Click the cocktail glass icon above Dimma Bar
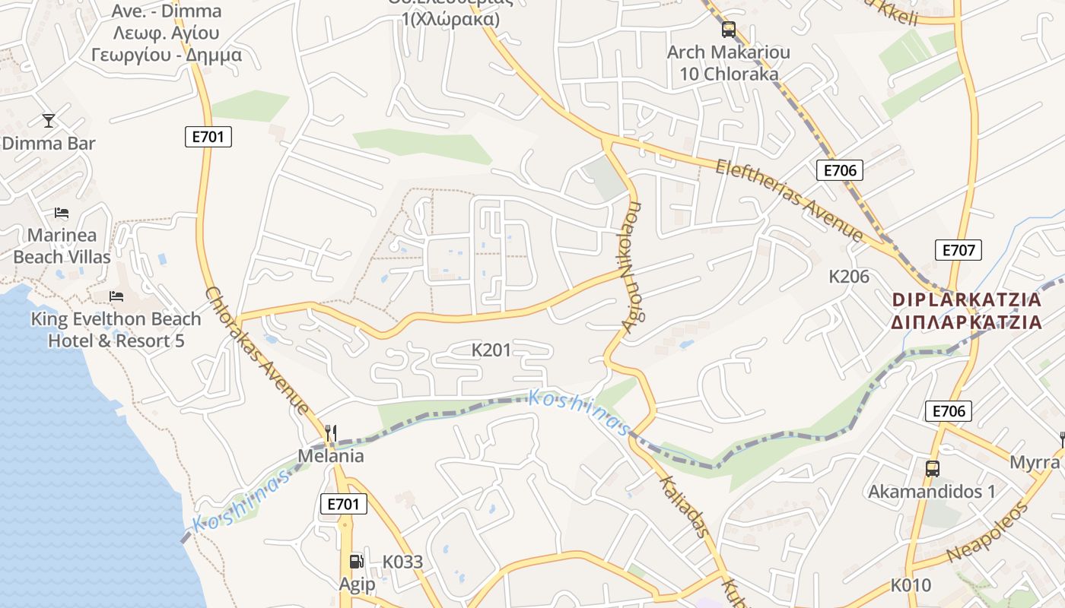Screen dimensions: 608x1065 (x=49, y=120)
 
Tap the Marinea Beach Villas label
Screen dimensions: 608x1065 (x=62, y=246)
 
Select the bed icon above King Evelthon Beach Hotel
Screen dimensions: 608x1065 (x=116, y=296)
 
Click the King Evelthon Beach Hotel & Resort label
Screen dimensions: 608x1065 (x=116, y=330)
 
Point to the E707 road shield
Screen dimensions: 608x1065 (x=958, y=250)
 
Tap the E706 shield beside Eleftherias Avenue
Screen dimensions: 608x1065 (x=840, y=170)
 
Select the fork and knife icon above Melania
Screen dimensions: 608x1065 (x=330, y=433)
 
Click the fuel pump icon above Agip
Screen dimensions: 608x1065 (x=356, y=562)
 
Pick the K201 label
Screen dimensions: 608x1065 (x=491, y=350)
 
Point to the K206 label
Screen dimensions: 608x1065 (x=849, y=277)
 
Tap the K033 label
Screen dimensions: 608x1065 (x=402, y=562)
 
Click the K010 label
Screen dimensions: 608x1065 (x=911, y=585)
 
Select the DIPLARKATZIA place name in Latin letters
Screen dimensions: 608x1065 (x=966, y=300)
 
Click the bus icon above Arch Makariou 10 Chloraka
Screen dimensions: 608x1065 (x=729, y=30)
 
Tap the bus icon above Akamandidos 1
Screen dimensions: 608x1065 (x=933, y=468)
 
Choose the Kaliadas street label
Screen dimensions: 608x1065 (x=684, y=506)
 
